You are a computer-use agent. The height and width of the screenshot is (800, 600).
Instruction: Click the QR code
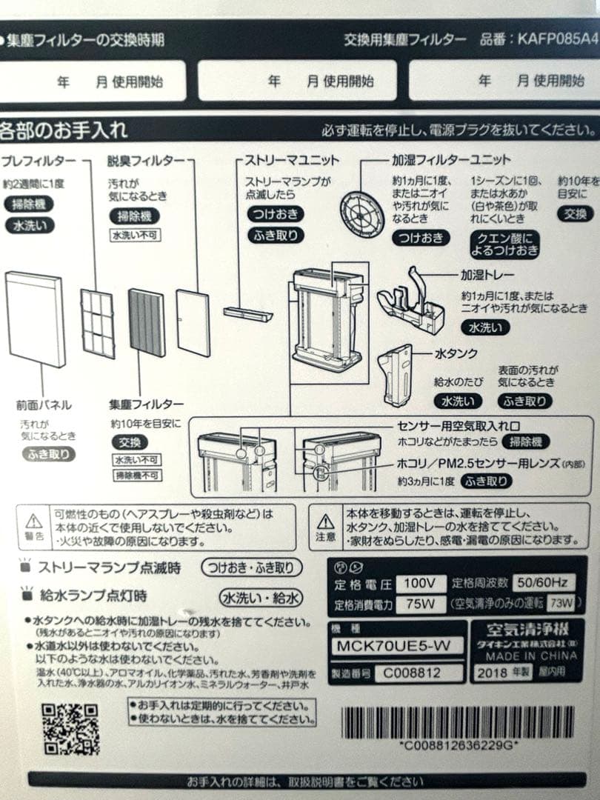tap(70, 729)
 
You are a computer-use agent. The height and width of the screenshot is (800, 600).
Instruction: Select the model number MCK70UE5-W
tap(393, 646)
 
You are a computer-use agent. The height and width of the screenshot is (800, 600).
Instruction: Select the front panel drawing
tap(35, 319)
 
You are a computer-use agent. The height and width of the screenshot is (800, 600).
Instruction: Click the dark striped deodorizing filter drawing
tap(147, 322)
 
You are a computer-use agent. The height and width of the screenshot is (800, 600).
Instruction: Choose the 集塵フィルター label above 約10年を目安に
tap(146, 404)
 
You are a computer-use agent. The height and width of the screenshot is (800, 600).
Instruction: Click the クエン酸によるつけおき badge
tap(504, 244)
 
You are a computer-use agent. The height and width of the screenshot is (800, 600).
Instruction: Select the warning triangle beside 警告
tap(33, 519)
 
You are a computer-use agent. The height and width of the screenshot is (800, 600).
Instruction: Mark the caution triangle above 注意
tap(326, 519)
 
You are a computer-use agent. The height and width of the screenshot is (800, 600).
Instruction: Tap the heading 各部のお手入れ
tap(64, 130)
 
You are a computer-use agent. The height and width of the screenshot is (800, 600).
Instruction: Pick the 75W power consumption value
tap(420, 604)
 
